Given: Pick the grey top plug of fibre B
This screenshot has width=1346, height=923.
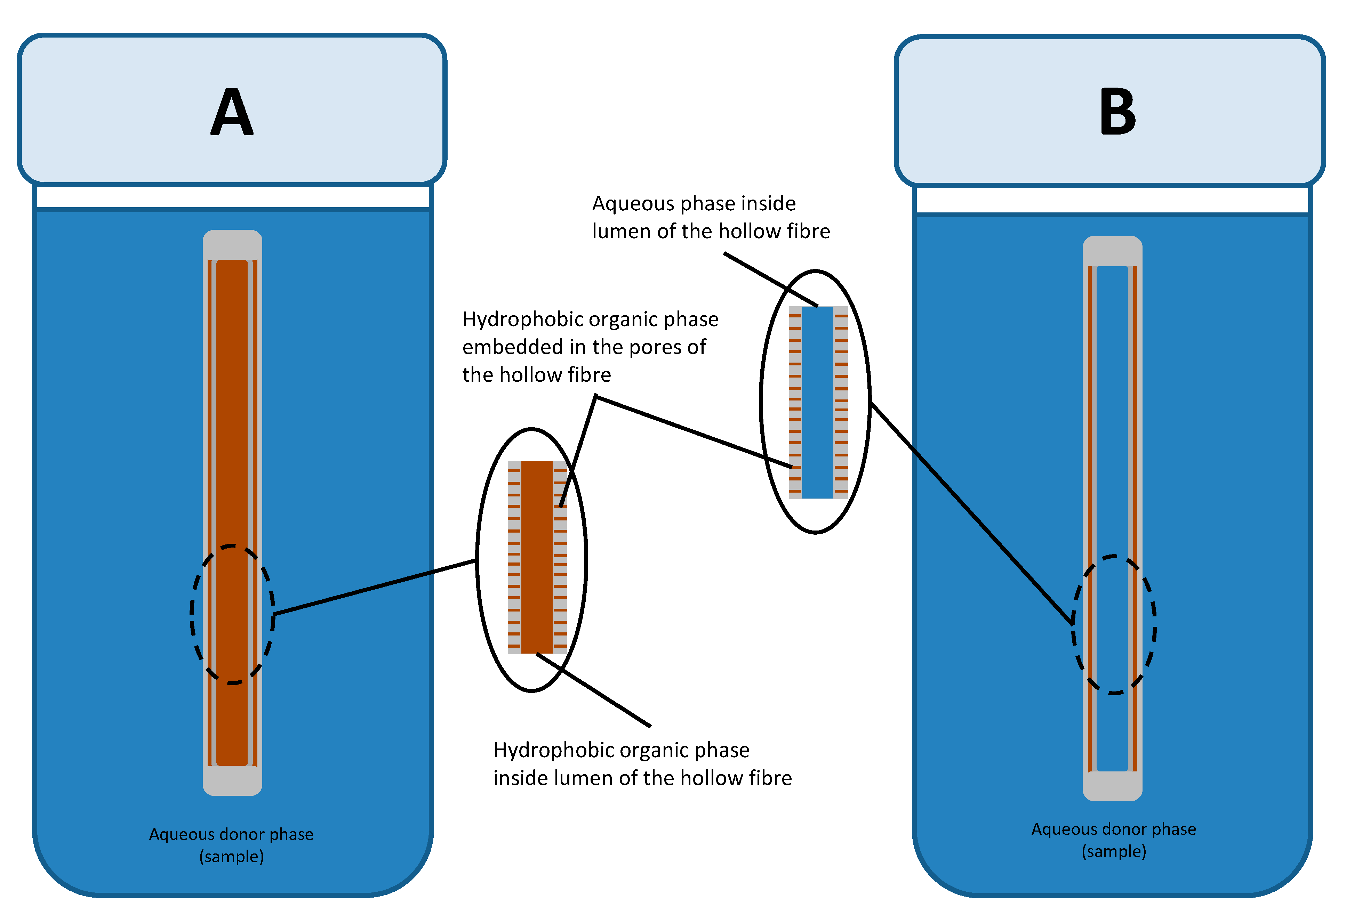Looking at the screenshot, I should point(1112,251).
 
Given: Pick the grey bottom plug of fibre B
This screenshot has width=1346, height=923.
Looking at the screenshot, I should point(1112,786).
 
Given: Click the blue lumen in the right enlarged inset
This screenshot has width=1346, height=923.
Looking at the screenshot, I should point(817,403).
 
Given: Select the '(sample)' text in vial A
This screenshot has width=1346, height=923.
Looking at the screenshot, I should point(232,856).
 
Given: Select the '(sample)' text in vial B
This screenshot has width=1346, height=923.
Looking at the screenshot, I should point(1114,851).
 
